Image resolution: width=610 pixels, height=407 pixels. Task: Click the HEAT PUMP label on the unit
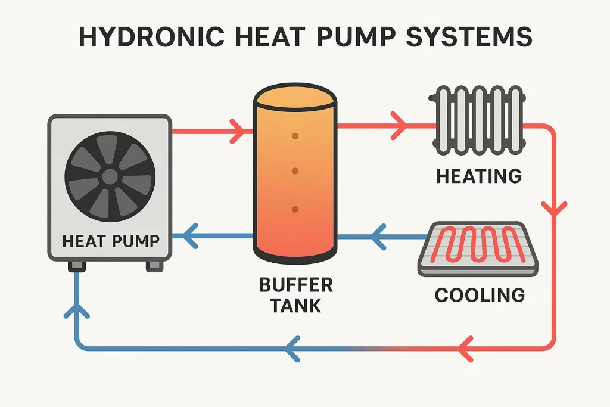[x=111, y=241]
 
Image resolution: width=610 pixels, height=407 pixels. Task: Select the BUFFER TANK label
[x=295, y=294]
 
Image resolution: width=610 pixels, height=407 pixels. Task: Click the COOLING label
[x=480, y=294]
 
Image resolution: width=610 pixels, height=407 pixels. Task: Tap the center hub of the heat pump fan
[x=110, y=176]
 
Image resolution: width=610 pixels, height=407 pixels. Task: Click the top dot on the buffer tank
[x=294, y=136]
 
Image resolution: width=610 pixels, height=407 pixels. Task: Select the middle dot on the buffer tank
[x=294, y=172]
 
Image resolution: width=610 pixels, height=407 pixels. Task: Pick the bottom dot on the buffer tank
[x=294, y=209]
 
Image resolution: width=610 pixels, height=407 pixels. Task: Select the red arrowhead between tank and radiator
[x=399, y=126]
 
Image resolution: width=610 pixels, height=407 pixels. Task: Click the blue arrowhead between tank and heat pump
[x=189, y=238]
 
